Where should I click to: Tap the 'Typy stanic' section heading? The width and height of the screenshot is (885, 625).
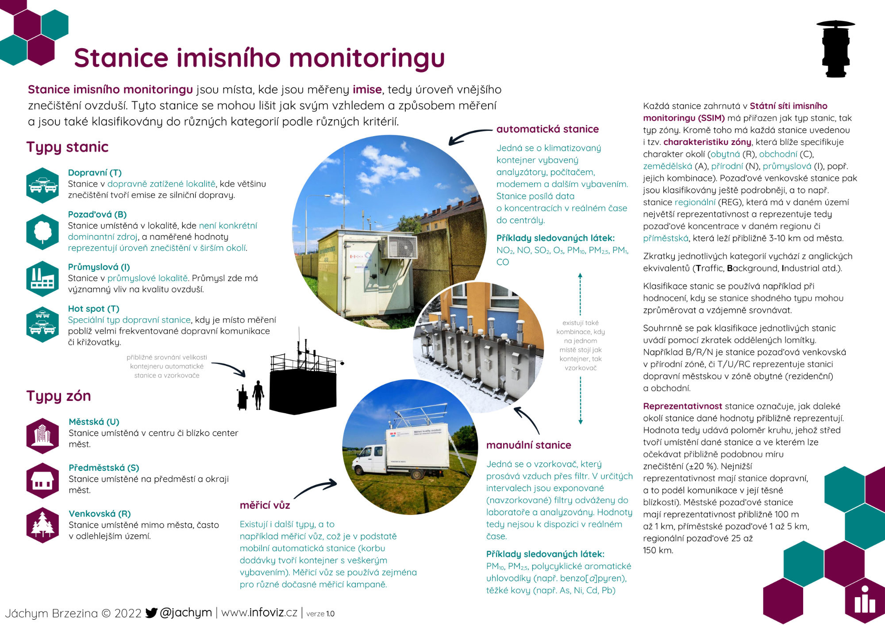(67, 147)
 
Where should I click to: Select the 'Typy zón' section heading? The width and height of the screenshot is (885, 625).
(58, 396)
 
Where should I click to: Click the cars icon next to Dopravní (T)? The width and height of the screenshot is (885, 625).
(42, 185)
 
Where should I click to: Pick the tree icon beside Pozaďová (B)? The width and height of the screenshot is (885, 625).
(42, 232)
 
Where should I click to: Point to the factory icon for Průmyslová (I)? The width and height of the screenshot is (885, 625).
(42, 278)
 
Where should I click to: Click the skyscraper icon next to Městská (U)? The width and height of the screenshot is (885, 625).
(42, 435)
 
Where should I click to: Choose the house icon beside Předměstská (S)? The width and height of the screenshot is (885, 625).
(42, 481)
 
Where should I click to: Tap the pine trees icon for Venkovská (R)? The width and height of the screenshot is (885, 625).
(42, 525)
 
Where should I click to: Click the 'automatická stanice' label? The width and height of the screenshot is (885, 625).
(547, 129)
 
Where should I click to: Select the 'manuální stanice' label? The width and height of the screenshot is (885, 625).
(528, 445)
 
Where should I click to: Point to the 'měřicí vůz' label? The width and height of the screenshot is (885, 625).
(265, 505)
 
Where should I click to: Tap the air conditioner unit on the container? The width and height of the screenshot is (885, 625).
(400, 247)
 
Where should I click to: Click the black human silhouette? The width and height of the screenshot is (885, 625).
(258, 395)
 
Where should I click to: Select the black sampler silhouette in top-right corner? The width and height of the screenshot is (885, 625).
(835, 49)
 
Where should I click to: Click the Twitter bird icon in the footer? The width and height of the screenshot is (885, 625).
(151, 613)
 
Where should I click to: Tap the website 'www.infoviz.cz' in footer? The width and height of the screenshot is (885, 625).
(259, 613)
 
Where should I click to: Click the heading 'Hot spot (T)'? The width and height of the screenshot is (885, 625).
(93, 309)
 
